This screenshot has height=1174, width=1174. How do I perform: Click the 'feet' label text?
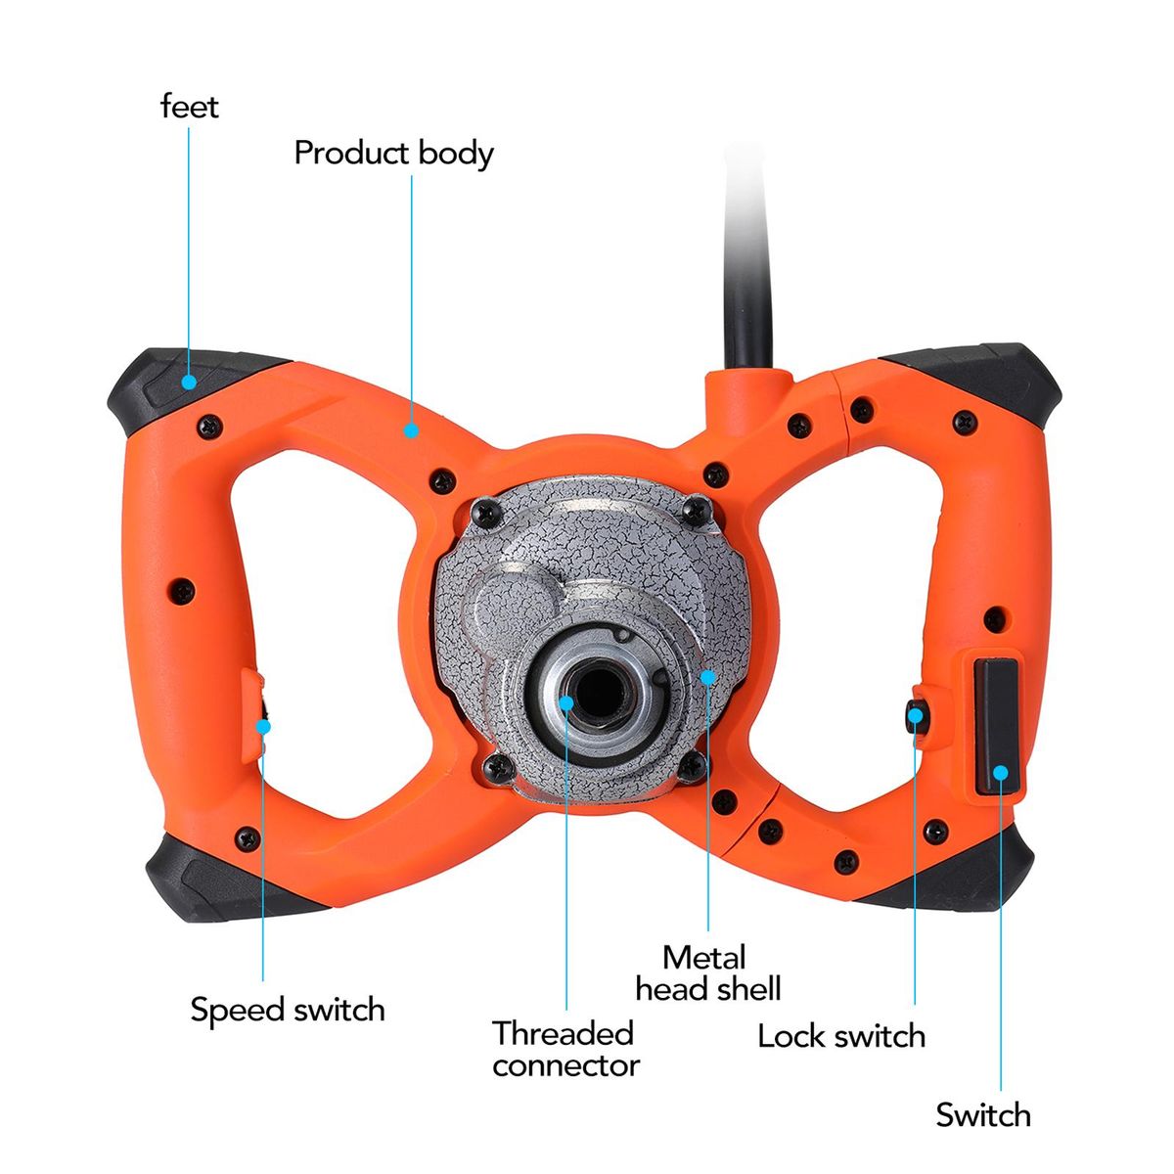pos(190,106)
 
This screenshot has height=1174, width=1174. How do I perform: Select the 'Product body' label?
pos(393,154)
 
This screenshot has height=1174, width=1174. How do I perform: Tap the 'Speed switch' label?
pos(288,1010)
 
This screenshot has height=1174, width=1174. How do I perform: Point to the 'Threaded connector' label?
pos(564,1049)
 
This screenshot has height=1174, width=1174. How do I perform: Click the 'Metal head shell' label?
pos(708,972)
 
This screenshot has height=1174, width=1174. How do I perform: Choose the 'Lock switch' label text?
pos(841,1036)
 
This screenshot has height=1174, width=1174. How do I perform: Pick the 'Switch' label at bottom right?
pos(982,1114)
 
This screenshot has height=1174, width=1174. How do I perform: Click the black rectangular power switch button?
pos(998,726)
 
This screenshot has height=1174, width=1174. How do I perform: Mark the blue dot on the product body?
pos(412,429)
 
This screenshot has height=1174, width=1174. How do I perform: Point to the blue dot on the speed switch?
pos(262,725)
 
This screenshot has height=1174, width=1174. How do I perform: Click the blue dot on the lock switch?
pos(915,716)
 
